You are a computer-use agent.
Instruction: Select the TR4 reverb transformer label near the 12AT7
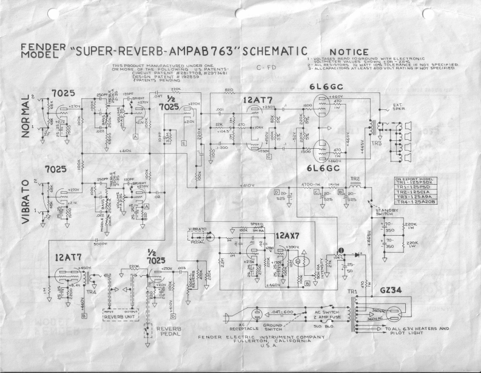pos(90,293)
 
